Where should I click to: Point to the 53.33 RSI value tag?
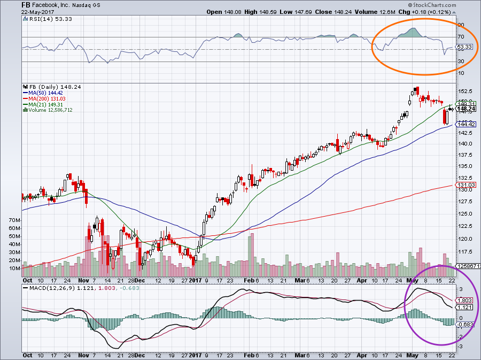pos(466,47)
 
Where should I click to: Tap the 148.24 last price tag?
pos(466,109)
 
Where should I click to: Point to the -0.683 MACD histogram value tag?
pos(466,324)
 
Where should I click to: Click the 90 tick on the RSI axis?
pos(460,25)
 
